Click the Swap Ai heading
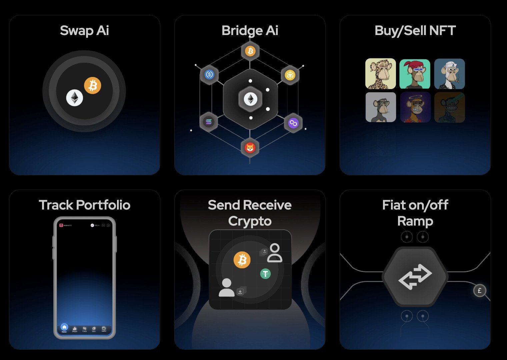(x=84, y=31)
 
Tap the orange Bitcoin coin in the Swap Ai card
(x=92, y=85)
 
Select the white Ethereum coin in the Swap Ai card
(x=75, y=98)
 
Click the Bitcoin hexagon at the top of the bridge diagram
(x=250, y=51)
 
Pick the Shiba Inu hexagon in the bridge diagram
(x=250, y=147)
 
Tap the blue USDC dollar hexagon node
(x=209, y=74)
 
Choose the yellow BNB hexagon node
(x=290, y=75)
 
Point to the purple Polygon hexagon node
(x=293, y=123)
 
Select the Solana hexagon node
(x=209, y=122)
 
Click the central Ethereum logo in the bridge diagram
(x=250, y=99)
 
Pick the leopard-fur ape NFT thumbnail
(x=380, y=74)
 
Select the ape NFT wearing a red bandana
(x=415, y=74)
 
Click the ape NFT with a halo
(x=415, y=107)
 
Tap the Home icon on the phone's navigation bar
(x=64, y=328)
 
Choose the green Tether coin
(x=265, y=274)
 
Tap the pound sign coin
(x=480, y=291)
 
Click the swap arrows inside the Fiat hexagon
(x=415, y=277)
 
